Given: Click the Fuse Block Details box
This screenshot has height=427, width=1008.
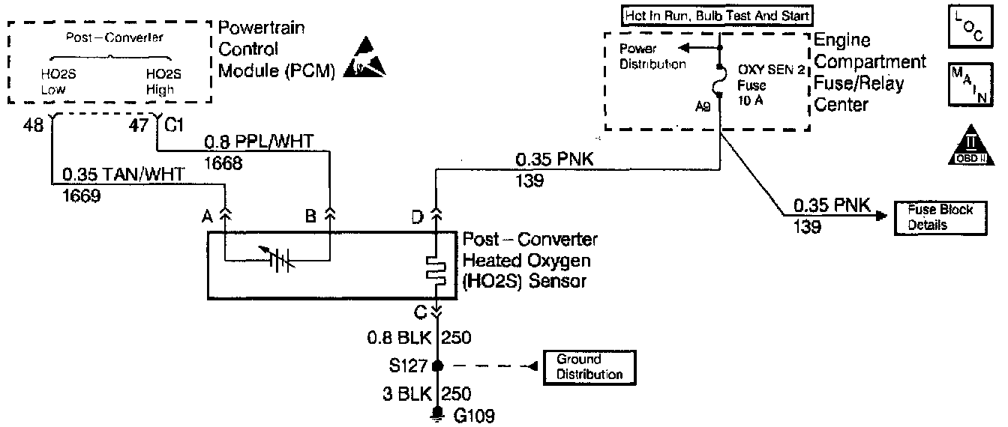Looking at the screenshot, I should point(936,217).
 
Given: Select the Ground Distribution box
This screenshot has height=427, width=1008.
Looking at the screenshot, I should point(589,366).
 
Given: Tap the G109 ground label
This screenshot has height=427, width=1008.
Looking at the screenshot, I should point(473,416).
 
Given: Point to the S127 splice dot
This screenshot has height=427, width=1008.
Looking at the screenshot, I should point(437,366).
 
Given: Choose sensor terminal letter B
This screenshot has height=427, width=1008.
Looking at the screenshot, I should point(310,218).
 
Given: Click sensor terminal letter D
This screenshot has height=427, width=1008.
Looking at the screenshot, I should point(417,218).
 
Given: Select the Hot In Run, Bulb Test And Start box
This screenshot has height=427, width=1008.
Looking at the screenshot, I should point(718,15).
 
